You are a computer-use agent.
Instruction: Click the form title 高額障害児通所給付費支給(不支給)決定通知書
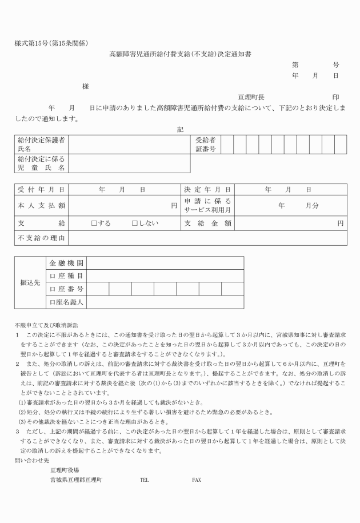181,54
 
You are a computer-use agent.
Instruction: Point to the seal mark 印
335,97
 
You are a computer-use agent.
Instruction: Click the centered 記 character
181,130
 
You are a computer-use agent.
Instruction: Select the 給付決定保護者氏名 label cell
41,144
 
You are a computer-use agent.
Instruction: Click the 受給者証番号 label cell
205,144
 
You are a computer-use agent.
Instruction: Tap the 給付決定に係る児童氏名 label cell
41,163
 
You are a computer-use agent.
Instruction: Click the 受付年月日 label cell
41,189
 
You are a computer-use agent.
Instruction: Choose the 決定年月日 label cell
208,189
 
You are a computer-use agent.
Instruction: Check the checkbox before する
94,223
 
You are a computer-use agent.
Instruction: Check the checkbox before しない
135,223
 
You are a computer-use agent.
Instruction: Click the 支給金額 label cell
208,223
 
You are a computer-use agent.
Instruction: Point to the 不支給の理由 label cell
41,238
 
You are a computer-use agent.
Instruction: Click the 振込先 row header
30,283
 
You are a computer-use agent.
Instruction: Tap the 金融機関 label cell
66,263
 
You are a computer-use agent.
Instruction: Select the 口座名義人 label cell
66,302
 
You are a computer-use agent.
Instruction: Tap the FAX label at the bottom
197,480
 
